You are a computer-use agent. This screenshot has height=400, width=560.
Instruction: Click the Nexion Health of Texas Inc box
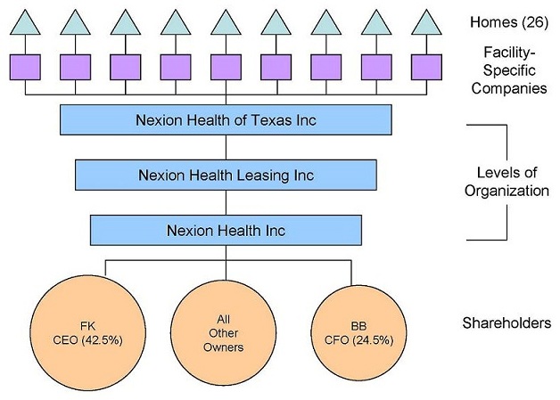(x=226, y=119)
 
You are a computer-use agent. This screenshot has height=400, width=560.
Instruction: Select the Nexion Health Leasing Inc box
(x=226, y=175)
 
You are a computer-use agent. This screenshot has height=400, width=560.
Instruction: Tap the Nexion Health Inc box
(x=226, y=230)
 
